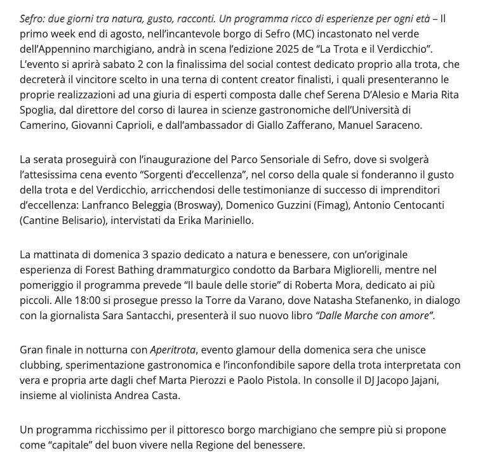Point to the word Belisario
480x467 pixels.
(x=90, y=220)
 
